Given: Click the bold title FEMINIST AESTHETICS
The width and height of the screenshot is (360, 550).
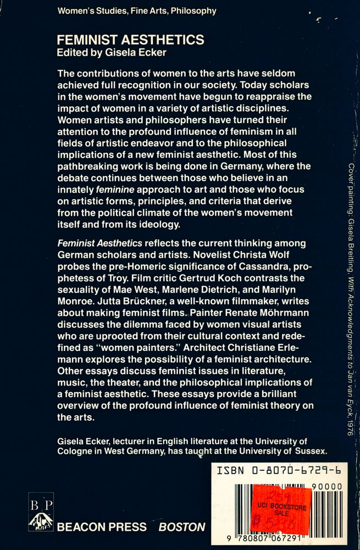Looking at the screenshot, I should click(131, 40).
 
